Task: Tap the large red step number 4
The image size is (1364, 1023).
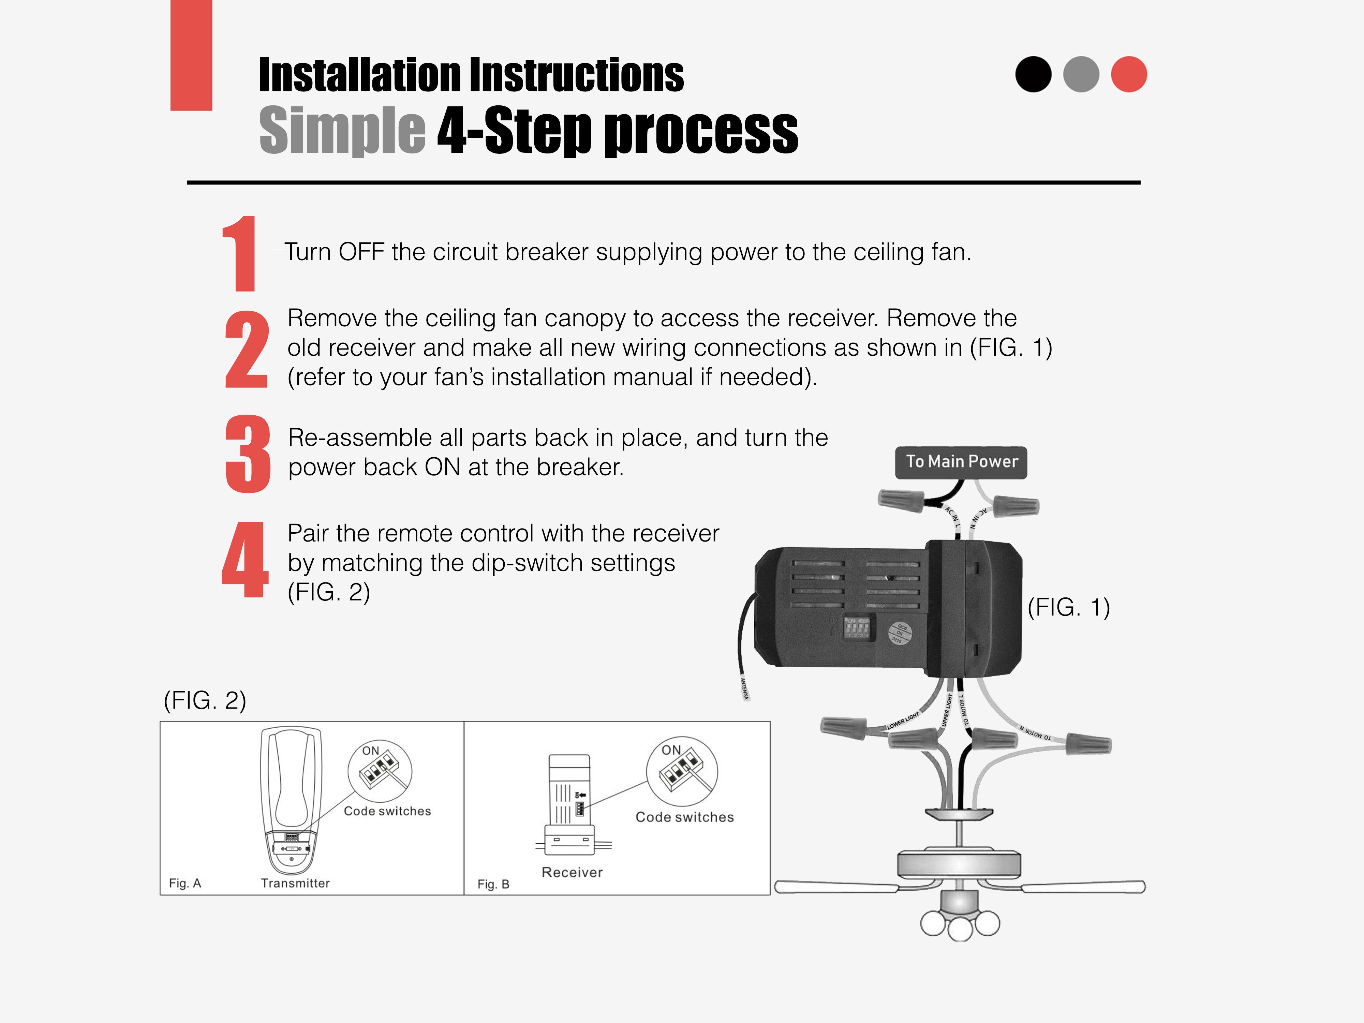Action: (x=246, y=560)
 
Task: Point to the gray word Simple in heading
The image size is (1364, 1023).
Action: (x=342, y=131)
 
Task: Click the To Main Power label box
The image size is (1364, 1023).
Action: (x=961, y=462)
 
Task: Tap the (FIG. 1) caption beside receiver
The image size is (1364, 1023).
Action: (x=1069, y=607)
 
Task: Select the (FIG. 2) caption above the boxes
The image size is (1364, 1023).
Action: (x=205, y=700)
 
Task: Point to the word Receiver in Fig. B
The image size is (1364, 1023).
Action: (x=572, y=872)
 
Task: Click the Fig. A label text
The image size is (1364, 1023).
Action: (x=185, y=883)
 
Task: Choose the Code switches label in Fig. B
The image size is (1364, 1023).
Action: (x=684, y=817)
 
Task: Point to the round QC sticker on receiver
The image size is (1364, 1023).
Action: (x=900, y=634)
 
